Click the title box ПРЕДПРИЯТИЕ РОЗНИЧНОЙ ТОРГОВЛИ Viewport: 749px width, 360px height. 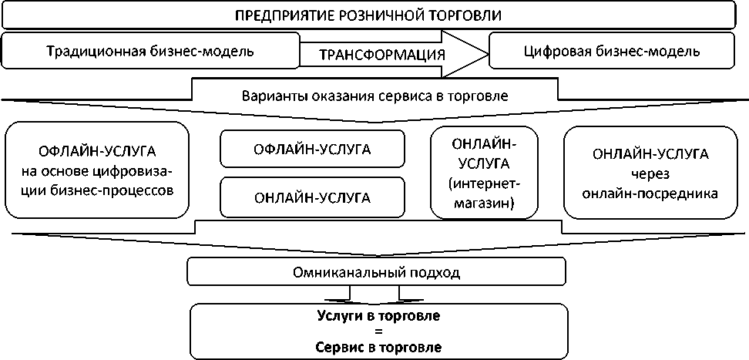pos(374,15)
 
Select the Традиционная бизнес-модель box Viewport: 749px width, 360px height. pos(149,52)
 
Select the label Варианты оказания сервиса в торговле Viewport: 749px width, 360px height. pos(374,97)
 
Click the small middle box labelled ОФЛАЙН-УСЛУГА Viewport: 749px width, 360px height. pos(312,149)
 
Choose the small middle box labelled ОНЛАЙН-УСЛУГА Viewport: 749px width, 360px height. pos(312,197)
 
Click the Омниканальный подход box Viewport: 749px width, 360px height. pos(377,272)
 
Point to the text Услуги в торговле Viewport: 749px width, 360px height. pos(378,316)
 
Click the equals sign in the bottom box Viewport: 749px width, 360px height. pos(378,331)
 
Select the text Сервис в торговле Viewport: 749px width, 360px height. pos(378,347)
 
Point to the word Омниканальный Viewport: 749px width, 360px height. pos(350,272)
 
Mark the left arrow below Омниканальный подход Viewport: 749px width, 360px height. pos(352,294)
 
